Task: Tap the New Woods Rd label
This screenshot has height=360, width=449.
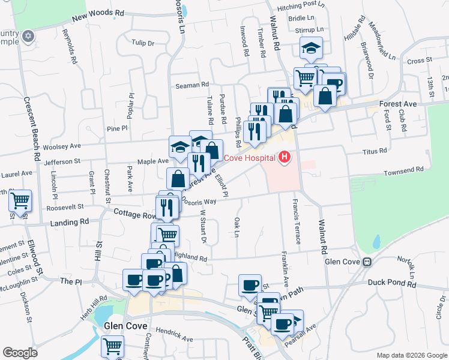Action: pos(98,15)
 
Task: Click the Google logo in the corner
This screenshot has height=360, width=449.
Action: pos(20,353)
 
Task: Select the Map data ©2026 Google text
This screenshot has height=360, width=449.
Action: pos(412,355)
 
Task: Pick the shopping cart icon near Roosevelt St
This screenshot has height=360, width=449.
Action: pos(20,200)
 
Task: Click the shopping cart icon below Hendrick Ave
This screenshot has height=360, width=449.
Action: pos(112,346)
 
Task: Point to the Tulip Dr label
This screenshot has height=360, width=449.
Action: pos(143,43)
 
